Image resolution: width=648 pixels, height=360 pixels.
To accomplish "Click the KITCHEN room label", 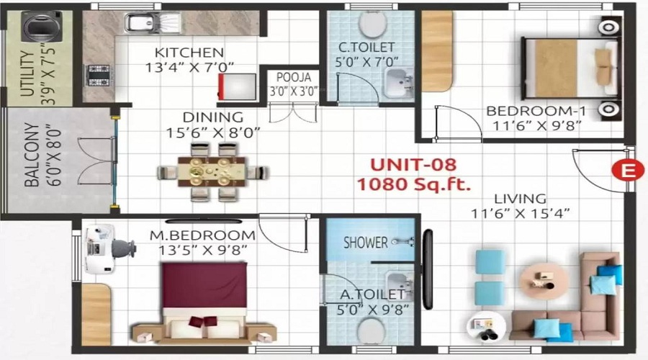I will [189, 53].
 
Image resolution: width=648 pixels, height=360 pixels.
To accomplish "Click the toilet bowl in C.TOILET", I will [372, 26].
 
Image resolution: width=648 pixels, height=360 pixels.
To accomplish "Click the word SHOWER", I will [365, 243].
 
